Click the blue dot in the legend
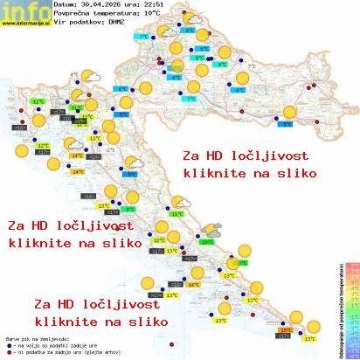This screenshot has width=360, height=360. coord(8,343)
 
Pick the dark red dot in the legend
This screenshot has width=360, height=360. coord(8,351)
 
